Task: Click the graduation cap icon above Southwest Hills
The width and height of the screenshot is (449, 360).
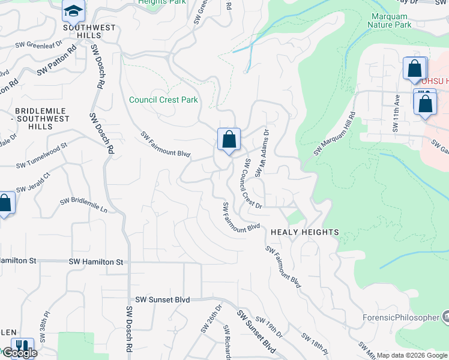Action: pyautogui.click(x=73, y=11)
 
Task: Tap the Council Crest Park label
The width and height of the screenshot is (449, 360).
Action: pyautogui.click(x=164, y=100)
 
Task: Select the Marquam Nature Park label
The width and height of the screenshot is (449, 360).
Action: pyautogui.click(x=391, y=20)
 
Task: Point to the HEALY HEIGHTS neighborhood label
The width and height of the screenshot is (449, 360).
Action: pyautogui.click(x=305, y=232)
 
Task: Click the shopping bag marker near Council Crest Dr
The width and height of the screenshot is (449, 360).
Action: pyautogui.click(x=229, y=141)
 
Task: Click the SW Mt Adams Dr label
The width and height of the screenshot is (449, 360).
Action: pyautogui.click(x=262, y=155)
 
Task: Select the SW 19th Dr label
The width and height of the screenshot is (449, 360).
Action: pyautogui.click(x=268, y=327)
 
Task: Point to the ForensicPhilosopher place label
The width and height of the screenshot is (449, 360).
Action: pyautogui.click(x=400, y=317)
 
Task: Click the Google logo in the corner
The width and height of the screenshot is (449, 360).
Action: pyautogui.click(x=19, y=353)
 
